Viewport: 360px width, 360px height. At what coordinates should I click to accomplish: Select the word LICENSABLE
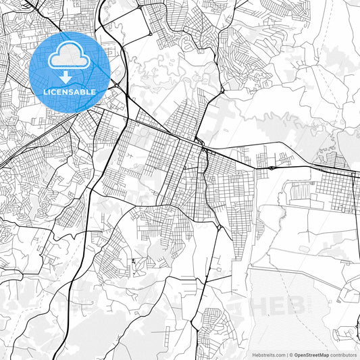click(70, 91)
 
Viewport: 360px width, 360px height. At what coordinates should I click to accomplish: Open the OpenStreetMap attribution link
click(311, 354)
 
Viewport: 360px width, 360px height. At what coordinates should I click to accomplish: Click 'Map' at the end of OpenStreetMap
click(325, 354)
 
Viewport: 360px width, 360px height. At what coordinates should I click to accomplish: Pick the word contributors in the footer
click(344, 354)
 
